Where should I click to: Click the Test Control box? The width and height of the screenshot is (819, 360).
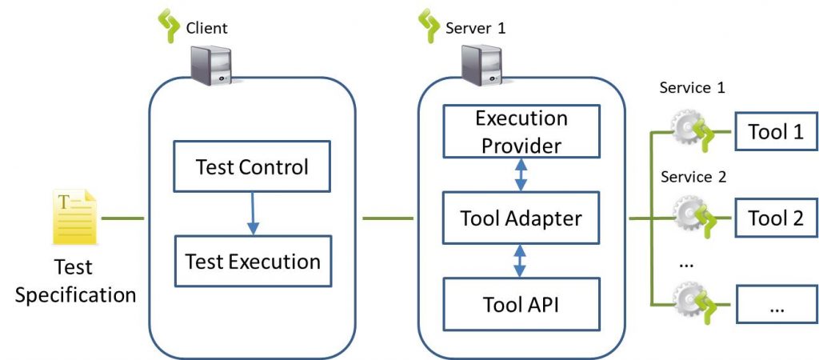[x=252, y=168]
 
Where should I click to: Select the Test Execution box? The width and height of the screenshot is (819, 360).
[x=252, y=261]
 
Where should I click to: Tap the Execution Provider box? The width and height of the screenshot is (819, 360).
[x=521, y=132]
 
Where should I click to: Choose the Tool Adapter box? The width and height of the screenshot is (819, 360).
[x=521, y=217]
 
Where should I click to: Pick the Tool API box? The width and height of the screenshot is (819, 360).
[x=521, y=303]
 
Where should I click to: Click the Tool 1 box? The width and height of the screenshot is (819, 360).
[x=775, y=132]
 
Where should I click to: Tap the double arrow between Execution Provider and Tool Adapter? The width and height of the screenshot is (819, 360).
[x=521, y=174]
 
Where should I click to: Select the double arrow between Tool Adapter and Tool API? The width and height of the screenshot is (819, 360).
[x=521, y=260]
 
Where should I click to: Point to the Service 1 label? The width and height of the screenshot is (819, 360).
[x=692, y=89]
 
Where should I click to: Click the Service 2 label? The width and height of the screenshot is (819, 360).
[x=692, y=177]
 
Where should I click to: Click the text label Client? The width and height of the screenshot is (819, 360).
[x=206, y=28]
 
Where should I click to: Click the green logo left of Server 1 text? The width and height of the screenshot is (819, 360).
[x=429, y=26]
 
